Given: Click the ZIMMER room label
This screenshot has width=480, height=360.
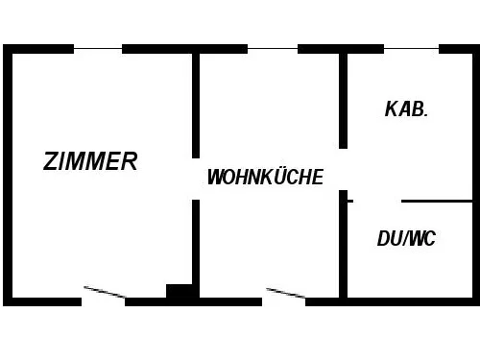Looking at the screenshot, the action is pyautogui.click(x=90, y=161).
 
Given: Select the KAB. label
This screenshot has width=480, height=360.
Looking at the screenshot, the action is pyautogui.click(x=406, y=108).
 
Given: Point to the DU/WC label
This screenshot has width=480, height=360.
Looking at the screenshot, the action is pyautogui.click(x=406, y=238).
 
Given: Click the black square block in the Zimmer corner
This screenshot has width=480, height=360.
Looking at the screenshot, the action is pyautogui.click(x=179, y=291).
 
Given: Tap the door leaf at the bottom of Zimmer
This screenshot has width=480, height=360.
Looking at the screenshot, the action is pyautogui.click(x=105, y=292).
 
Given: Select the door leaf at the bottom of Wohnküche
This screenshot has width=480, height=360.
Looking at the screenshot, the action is pyautogui.click(x=286, y=293).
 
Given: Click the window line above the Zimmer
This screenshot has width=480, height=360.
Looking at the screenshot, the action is pyautogui.click(x=98, y=49).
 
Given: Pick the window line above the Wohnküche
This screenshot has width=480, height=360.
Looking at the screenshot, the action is pyautogui.click(x=273, y=49).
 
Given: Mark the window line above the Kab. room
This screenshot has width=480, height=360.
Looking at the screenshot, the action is pyautogui.click(x=411, y=49).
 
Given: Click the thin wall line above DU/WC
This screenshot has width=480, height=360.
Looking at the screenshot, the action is pyautogui.click(x=437, y=202).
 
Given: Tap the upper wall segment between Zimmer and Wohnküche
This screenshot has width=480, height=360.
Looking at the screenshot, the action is pyautogui.click(x=196, y=106).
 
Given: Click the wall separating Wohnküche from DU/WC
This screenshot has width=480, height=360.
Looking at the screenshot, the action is pyautogui.click(x=343, y=244).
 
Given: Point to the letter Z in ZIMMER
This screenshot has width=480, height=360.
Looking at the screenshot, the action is pyautogui.click(x=51, y=161).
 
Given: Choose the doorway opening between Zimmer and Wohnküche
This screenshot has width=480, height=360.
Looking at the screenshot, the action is pyautogui.click(x=196, y=180).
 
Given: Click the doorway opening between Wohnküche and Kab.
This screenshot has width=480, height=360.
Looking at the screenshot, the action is pyautogui.click(x=343, y=170).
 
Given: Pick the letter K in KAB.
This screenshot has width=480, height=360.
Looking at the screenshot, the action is pyautogui.click(x=392, y=108).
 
